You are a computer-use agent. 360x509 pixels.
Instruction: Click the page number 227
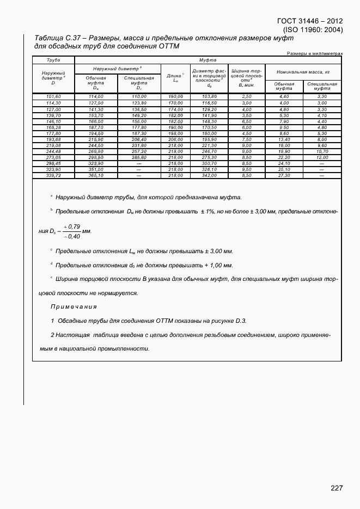click(337, 488)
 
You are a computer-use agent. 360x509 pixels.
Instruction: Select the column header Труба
click(53, 59)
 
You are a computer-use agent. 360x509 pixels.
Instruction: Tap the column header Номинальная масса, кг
click(303, 71)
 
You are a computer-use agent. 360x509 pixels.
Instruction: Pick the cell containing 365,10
click(96, 176)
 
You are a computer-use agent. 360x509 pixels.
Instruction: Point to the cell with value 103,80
click(210, 96)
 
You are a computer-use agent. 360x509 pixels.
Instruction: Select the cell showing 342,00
click(210, 176)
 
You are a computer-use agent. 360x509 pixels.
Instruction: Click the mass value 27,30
click(284, 176)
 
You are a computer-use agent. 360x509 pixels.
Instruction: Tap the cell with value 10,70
click(322, 151)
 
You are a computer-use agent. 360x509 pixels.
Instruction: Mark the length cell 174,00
click(175, 109)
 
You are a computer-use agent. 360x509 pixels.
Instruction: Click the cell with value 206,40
click(139, 139)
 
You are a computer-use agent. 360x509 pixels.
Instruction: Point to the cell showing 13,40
click(284, 139)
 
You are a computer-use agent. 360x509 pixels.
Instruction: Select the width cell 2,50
click(247, 96)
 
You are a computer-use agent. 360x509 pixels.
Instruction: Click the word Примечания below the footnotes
click(74, 307)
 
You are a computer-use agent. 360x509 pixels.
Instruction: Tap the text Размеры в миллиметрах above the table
click(314, 53)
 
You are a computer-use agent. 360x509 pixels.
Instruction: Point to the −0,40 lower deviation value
click(72, 236)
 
